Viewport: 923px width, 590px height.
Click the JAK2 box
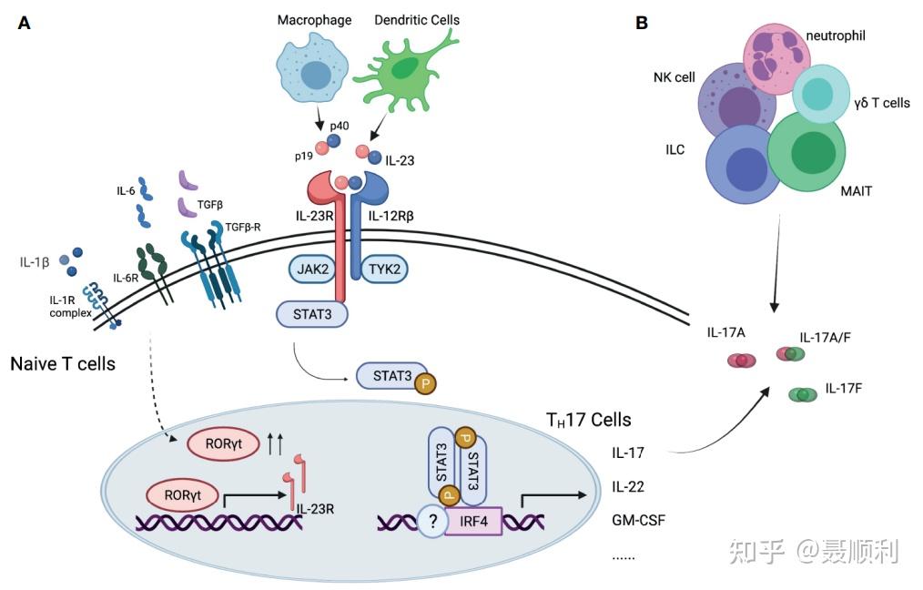312,270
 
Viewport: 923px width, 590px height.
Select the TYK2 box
384,270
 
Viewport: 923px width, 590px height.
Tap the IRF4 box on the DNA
473,521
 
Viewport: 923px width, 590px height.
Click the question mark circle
433,521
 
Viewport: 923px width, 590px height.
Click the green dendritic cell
406,72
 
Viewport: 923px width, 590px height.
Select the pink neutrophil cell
776,59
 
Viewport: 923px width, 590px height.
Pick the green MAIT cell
807,152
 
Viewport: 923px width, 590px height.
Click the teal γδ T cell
820,94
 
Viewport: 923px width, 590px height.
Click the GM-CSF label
639,521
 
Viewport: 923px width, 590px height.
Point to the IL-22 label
628,486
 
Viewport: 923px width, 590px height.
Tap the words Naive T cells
63,364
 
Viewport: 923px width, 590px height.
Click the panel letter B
642,23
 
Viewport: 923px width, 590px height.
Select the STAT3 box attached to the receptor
312,314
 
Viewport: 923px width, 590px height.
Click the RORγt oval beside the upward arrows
223,444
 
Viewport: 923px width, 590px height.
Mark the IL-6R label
126,278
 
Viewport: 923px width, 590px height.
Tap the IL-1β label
35,262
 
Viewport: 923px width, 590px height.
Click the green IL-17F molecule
802,394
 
